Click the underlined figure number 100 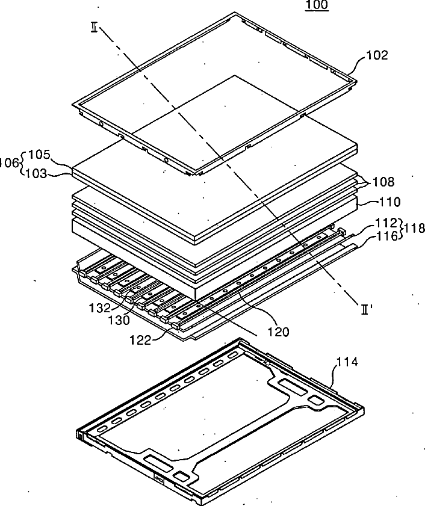point(317,6)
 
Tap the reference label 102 point(377,56)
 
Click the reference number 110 point(389,202)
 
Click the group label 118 point(415,229)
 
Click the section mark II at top point(94,28)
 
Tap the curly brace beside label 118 point(402,229)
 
